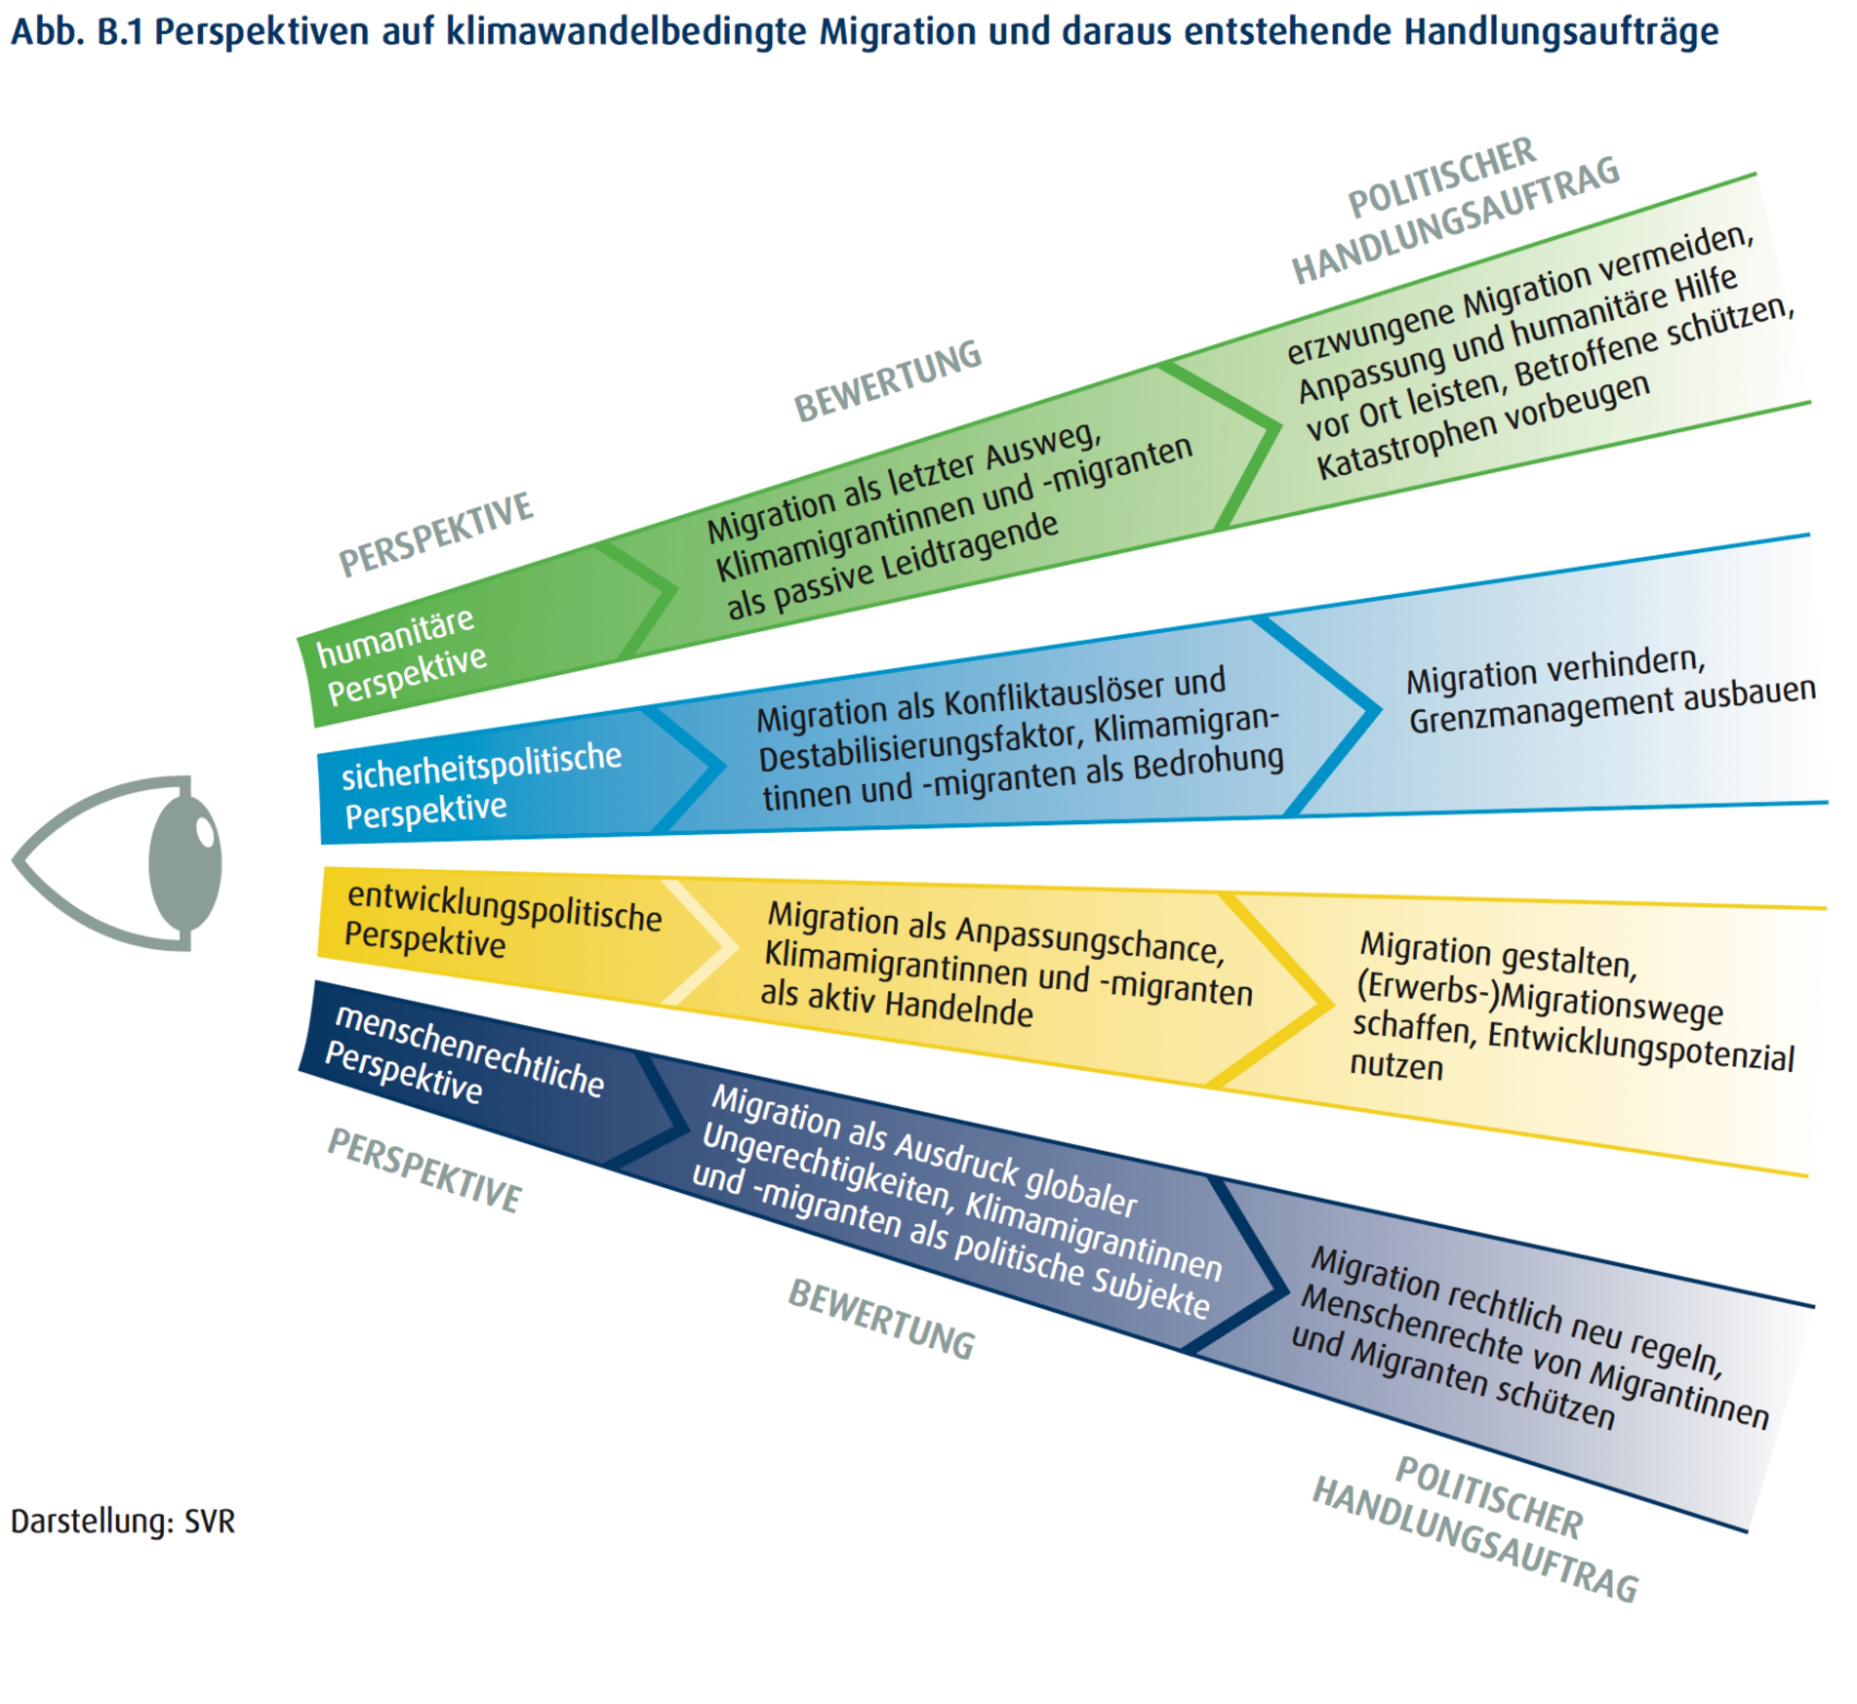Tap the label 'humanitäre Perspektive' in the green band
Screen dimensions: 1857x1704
(400, 656)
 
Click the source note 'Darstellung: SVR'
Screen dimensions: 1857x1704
(123, 1522)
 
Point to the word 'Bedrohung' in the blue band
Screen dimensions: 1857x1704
(1209, 765)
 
